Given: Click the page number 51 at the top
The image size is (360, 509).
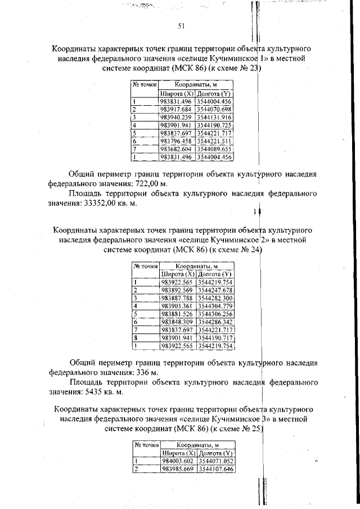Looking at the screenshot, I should tap(182, 26).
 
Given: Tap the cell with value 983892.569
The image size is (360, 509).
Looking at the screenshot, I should tap(177, 290).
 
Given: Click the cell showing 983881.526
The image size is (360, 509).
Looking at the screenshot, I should tap(177, 313).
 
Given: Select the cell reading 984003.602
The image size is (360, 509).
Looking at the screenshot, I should tap(178, 461).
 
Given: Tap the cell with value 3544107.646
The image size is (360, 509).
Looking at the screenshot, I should tap(216, 469).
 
